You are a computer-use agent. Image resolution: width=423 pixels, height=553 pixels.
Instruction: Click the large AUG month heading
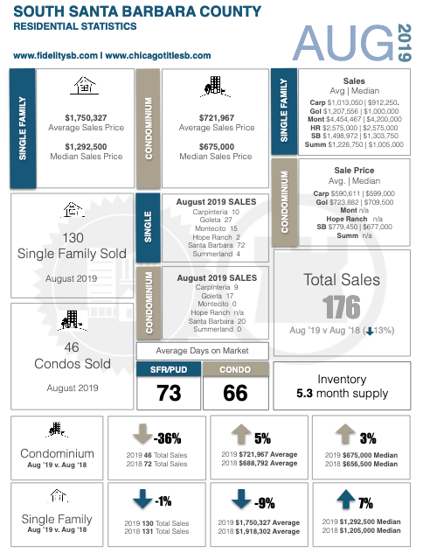point(343,43)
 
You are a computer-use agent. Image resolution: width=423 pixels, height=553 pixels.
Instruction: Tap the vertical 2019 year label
point(405,43)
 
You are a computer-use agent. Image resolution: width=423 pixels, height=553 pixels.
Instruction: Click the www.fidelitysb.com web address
point(55,56)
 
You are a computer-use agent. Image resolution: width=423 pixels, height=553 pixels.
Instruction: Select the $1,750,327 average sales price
point(86,118)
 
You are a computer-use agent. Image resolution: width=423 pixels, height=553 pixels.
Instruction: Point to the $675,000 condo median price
point(216,147)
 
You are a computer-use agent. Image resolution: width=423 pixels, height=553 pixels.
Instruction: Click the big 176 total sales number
point(342,307)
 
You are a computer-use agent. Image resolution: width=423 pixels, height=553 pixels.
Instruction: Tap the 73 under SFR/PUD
point(169,393)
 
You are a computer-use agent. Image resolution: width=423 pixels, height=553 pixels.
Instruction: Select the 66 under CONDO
point(235,393)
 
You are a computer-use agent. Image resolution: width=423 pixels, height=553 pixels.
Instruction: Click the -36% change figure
point(167,438)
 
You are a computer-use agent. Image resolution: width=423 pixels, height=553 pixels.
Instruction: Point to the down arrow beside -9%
point(241,499)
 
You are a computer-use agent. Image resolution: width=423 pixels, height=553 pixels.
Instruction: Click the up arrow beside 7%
point(346,499)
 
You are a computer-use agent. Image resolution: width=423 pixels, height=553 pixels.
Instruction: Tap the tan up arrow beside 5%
point(241,435)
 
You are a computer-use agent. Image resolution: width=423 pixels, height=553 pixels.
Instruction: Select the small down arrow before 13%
point(370,331)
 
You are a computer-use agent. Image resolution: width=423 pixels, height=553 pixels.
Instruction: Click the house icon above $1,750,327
point(85,86)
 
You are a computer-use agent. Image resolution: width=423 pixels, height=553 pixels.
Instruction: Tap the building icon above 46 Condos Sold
point(73,320)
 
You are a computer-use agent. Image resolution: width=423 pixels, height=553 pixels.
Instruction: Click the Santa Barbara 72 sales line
point(216,245)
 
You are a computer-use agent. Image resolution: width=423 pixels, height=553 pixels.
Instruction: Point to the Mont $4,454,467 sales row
point(354,119)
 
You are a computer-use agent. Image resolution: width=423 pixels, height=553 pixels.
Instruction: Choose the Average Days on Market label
point(202,351)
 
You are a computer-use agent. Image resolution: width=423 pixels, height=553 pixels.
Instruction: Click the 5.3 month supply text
point(342,393)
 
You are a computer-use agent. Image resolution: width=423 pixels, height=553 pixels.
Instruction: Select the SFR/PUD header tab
point(169,369)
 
